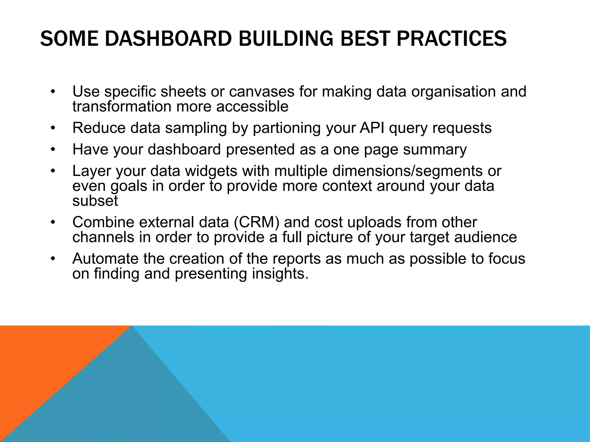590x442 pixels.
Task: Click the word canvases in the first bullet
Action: click(262, 92)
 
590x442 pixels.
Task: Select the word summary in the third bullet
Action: click(435, 150)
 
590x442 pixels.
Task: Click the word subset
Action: click(95, 201)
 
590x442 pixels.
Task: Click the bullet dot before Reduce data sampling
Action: click(52, 128)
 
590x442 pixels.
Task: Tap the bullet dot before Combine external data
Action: click(52, 223)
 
